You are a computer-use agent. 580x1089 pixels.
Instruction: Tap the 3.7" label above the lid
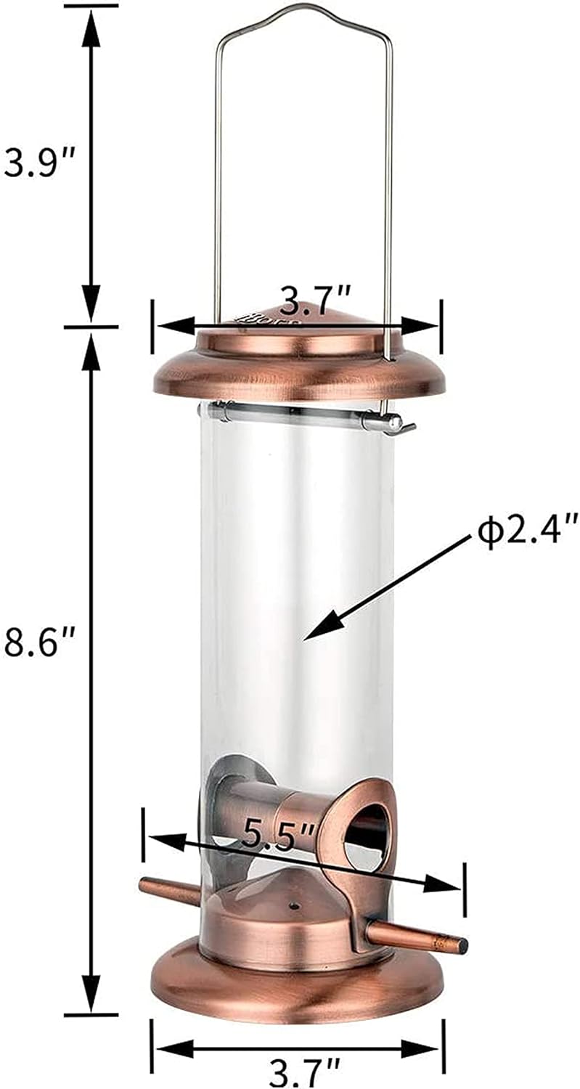pyautogui.click(x=316, y=298)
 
